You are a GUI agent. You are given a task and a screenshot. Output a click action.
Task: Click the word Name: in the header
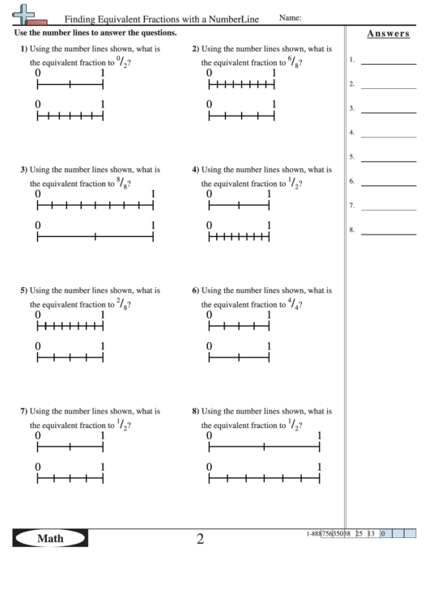(291, 18)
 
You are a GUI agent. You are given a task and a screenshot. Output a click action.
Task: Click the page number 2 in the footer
(200, 538)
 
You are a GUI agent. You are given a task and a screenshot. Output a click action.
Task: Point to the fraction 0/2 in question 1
(121, 61)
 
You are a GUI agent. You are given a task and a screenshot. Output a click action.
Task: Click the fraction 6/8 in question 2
(293, 61)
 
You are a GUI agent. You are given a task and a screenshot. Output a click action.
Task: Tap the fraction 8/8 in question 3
(121, 183)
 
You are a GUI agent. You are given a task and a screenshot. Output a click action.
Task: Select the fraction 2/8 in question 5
(121, 303)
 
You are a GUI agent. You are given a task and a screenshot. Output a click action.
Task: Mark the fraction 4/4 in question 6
(293, 303)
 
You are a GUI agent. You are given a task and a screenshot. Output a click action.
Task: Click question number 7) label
(23, 411)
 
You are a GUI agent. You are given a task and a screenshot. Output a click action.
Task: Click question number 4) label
(195, 170)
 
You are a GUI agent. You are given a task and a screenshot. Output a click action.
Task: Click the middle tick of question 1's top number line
(70, 86)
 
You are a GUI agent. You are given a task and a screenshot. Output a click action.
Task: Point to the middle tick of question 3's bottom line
(96, 237)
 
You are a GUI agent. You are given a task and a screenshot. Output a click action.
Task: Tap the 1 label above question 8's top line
(320, 436)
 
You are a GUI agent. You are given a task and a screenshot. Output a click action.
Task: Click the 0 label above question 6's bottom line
(210, 346)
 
